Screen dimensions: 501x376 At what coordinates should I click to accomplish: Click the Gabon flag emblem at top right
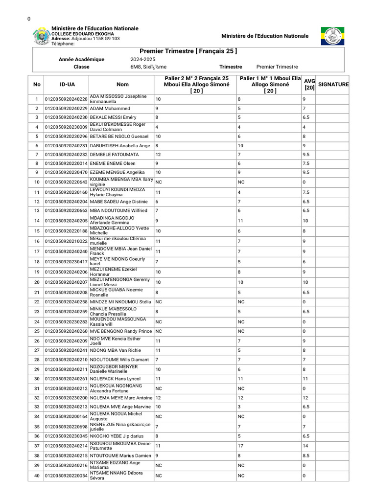332,36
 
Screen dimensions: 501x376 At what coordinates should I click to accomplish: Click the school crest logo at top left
41,37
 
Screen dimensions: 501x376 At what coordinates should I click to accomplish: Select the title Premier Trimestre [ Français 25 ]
188,51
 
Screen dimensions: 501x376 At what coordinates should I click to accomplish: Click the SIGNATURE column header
333,85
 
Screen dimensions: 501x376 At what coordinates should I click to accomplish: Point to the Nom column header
123,85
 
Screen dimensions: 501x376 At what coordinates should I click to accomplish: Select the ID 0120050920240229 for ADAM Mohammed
66,109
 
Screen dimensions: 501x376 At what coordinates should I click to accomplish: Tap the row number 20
37,282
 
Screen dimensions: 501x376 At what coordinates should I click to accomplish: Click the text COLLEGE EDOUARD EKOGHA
83,34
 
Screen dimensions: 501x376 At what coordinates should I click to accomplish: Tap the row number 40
37,476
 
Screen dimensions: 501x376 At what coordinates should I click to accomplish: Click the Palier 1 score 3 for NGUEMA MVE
239,407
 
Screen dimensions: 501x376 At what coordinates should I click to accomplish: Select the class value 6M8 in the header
135,67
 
